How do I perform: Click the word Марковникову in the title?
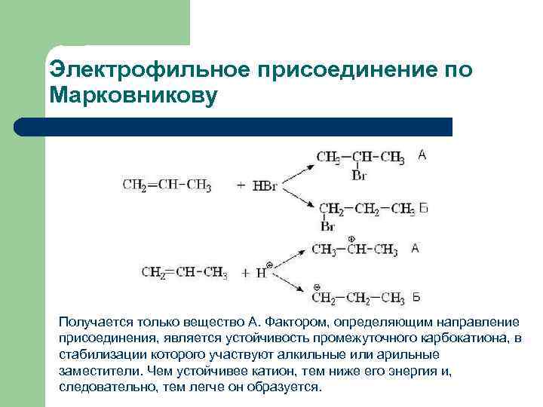(133, 96)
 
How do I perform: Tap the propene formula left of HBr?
(167, 185)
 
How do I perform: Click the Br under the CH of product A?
(359, 175)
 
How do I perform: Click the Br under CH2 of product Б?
(327, 225)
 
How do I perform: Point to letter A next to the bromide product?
(422, 155)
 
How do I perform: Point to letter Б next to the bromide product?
(423, 208)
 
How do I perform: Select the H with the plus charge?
(262, 274)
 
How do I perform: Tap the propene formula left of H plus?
(184, 273)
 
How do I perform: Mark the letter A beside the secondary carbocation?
(415, 249)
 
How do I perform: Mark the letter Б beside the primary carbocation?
(416, 297)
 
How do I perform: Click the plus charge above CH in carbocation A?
(351, 239)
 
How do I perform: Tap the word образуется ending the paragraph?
(287, 387)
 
